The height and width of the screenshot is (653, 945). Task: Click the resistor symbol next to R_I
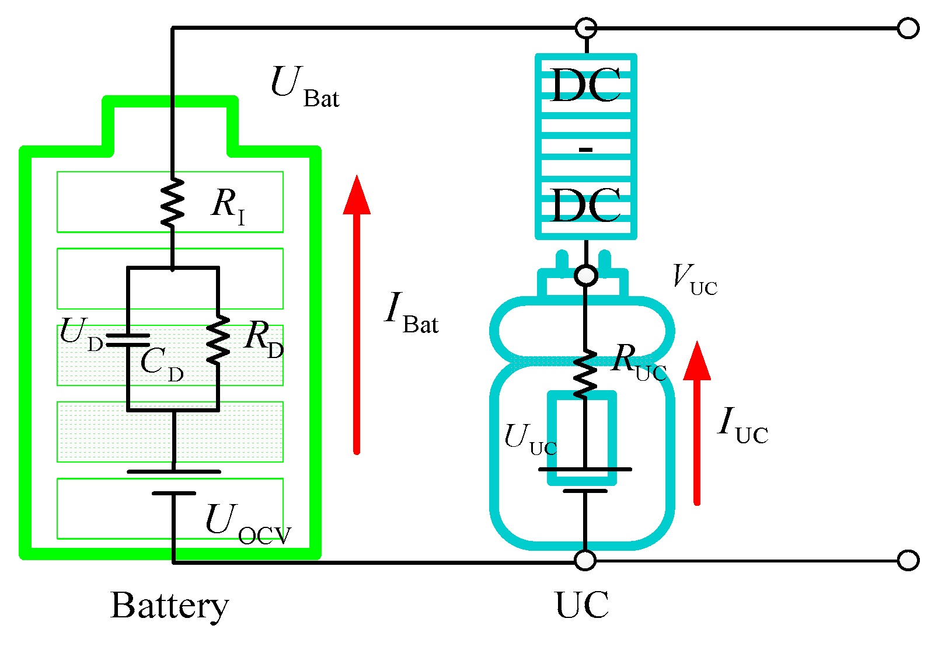[172, 203]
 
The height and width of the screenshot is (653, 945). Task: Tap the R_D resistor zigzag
[218, 341]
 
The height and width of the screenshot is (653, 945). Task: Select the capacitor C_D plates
[128, 340]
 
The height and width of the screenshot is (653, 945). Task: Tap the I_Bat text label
[411, 314]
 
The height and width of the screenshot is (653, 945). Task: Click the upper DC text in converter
[585, 86]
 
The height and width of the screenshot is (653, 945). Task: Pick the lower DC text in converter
[585, 206]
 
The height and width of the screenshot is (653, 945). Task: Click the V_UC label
[694, 280]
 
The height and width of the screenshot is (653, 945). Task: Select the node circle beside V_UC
[585, 275]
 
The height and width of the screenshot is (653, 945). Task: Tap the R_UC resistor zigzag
[585, 374]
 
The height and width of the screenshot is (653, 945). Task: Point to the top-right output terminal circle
[908, 28]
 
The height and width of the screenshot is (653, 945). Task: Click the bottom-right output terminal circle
[908, 560]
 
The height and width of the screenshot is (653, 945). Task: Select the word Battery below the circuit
[169, 606]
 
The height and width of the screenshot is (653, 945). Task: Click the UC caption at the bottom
[582, 605]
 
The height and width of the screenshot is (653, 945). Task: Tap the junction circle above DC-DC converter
[585, 28]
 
